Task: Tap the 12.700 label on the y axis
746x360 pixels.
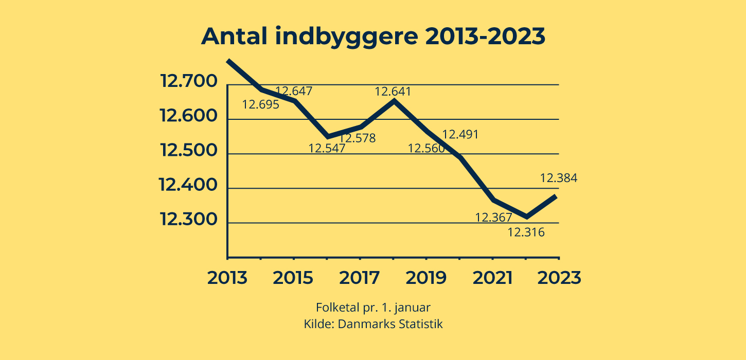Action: pyautogui.click(x=188, y=82)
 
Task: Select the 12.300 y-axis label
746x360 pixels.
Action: pyautogui.click(x=188, y=220)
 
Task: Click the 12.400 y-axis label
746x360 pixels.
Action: pyautogui.click(x=188, y=185)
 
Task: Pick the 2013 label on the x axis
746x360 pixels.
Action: pyautogui.click(x=227, y=278)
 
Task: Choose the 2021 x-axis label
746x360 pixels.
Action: pyautogui.click(x=492, y=278)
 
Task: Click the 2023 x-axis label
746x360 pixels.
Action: pyautogui.click(x=559, y=278)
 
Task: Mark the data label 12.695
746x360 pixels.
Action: pyautogui.click(x=261, y=105)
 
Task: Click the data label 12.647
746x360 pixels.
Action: pyautogui.click(x=294, y=92)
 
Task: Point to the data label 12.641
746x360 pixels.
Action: pyautogui.click(x=393, y=92)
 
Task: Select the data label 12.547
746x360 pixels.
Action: pyautogui.click(x=327, y=149)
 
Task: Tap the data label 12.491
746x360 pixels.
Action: pyautogui.click(x=460, y=135)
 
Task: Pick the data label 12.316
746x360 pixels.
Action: pyautogui.click(x=526, y=232)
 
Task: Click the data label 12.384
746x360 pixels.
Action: pyautogui.click(x=559, y=178)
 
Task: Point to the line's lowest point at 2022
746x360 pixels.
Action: pyautogui.click(x=526, y=217)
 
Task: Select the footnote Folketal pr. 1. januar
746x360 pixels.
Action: pyautogui.click(x=373, y=308)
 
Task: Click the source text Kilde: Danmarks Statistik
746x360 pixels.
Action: pyautogui.click(x=373, y=325)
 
